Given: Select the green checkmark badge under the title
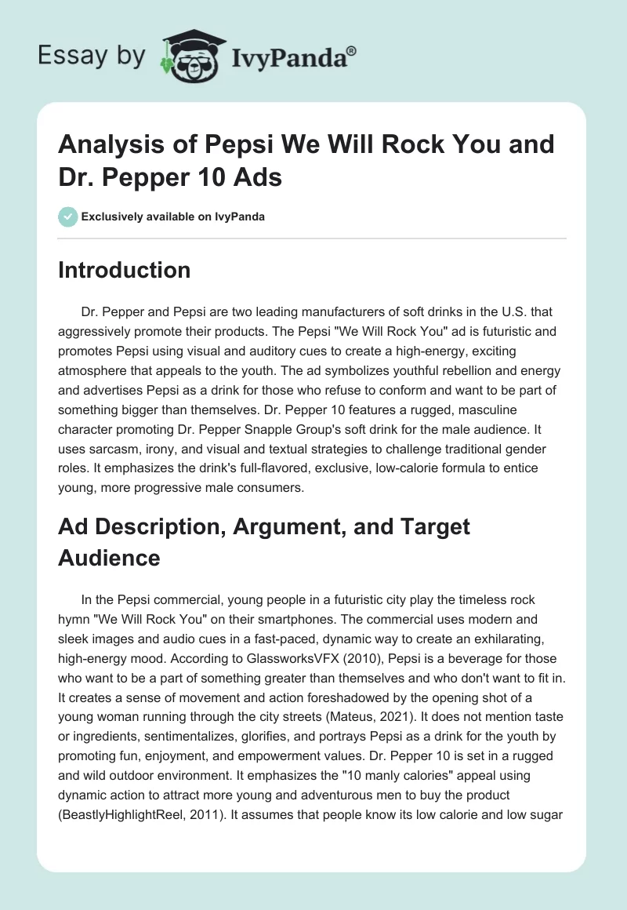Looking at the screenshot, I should [67, 217].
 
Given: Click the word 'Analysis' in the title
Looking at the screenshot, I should [111, 144].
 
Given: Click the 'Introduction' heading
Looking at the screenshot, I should [124, 270].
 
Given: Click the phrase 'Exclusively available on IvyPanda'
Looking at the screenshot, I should [172, 217].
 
